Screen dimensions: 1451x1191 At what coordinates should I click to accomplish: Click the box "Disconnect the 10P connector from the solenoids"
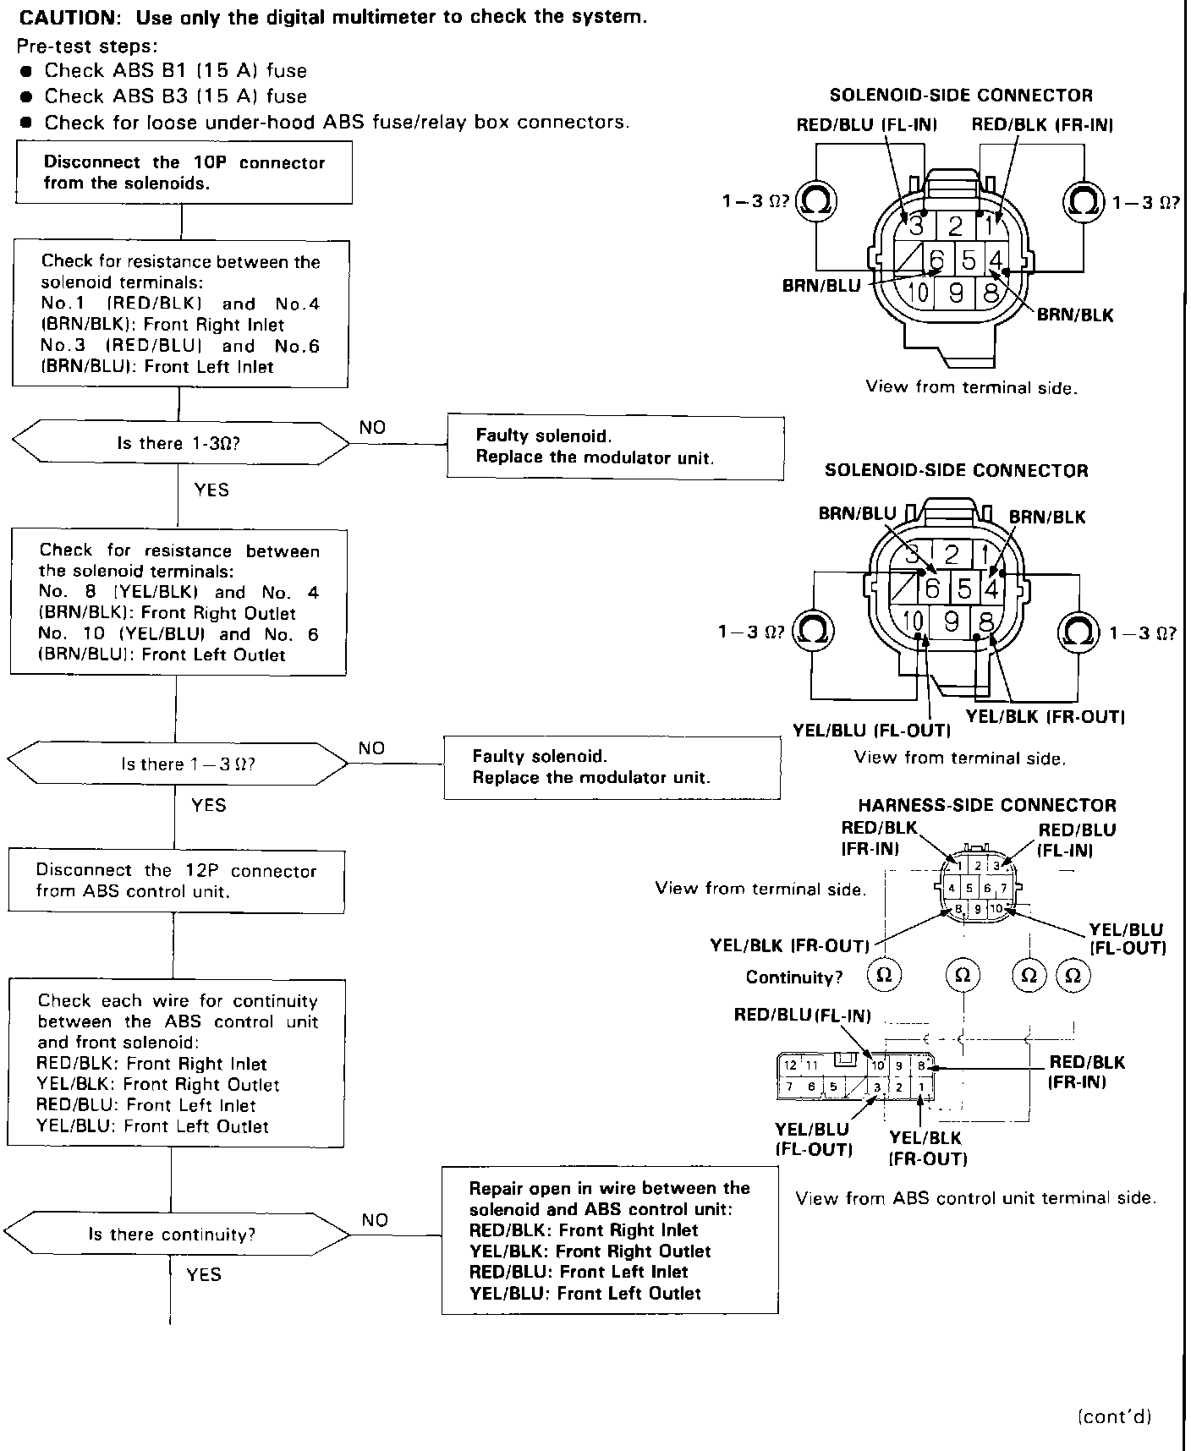[x=184, y=172]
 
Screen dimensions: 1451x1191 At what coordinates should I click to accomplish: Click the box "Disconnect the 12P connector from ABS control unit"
[x=176, y=881]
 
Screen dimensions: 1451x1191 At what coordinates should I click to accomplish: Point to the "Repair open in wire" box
[x=609, y=1240]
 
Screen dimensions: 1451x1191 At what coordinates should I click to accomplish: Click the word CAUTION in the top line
[x=72, y=17]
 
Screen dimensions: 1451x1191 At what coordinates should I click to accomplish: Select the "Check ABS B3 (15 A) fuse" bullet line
[x=175, y=96]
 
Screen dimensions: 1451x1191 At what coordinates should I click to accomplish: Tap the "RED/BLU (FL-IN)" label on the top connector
[x=866, y=125]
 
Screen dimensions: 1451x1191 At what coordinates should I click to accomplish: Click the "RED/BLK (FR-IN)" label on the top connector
[x=1041, y=125]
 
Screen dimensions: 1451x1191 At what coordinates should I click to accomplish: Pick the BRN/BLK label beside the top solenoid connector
[x=1075, y=315]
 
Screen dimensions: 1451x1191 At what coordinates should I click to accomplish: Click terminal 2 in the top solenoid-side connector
[x=956, y=225]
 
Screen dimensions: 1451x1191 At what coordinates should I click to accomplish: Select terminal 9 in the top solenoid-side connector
[x=956, y=293]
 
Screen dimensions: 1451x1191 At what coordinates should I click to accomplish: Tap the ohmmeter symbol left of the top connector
[x=816, y=201]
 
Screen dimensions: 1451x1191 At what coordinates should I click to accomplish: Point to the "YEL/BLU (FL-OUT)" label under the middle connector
[x=871, y=731]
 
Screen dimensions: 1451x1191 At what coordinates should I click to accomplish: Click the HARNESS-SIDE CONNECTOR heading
[x=987, y=805]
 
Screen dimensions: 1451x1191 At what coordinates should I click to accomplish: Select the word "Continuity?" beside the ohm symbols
[x=794, y=977]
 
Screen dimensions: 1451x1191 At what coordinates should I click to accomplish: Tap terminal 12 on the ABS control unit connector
[x=790, y=1065]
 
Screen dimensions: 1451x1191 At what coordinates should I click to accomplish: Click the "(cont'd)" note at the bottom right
[x=1115, y=1416]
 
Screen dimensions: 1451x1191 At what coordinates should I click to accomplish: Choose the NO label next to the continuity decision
[x=375, y=1219]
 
